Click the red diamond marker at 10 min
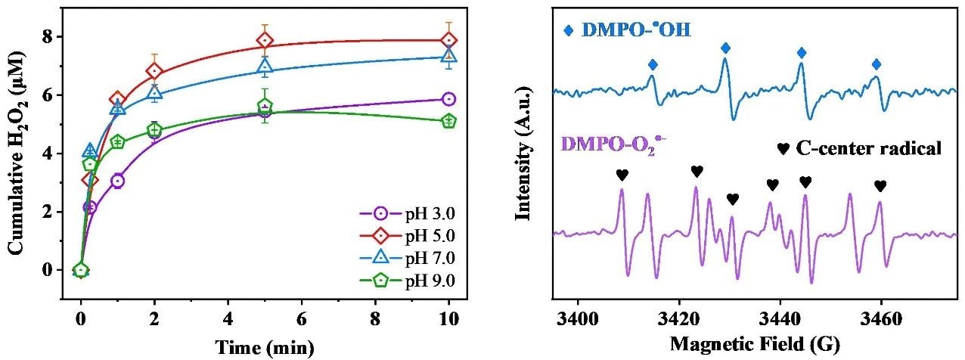tap(448, 41)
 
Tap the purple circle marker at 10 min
tap(448, 99)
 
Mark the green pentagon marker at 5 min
tap(265, 106)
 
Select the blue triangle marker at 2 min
tap(154, 93)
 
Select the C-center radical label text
tap(867, 149)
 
